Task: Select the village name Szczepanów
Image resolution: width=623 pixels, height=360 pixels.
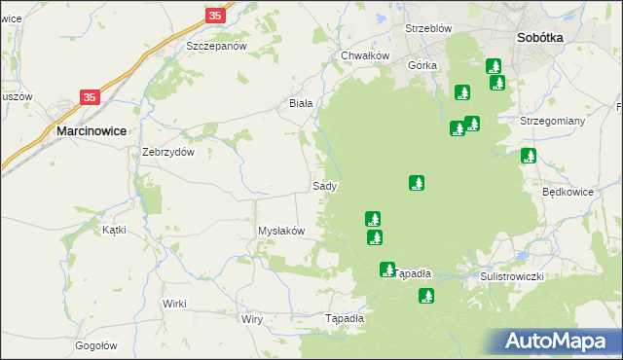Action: (216, 46)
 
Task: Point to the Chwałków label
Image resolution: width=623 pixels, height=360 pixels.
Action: (365, 55)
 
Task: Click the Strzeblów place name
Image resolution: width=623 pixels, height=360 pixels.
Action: (428, 28)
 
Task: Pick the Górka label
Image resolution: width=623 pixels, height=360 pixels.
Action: (423, 65)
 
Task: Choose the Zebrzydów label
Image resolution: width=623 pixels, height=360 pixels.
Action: (169, 152)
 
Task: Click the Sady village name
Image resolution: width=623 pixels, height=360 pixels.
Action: (325, 185)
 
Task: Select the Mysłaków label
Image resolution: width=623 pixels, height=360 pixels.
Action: (281, 231)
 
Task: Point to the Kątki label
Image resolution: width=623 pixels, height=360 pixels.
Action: (115, 231)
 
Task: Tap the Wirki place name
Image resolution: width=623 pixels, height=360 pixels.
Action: (174, 304)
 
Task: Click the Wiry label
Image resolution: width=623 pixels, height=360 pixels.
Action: (252, 319)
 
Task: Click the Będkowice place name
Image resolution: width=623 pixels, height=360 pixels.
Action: (568, 192)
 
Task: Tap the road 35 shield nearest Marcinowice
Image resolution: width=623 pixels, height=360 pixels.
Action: (90, 97)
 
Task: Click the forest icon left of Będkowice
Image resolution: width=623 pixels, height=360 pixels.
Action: (529, 156)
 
